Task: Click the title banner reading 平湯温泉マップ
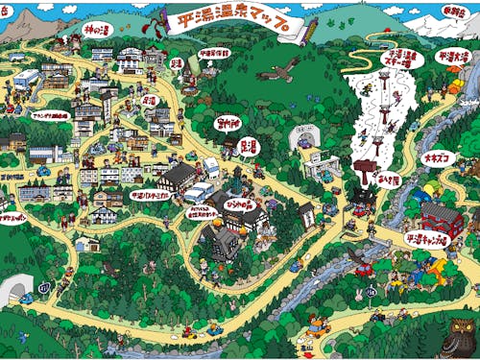234,26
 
